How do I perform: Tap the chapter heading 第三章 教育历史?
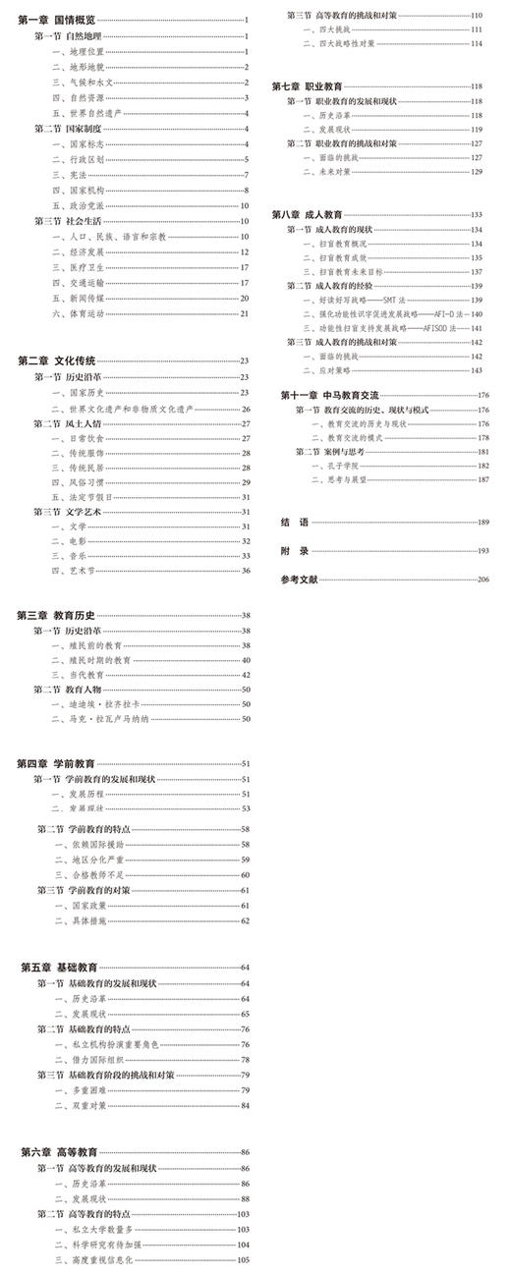point(55,615)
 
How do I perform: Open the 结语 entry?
point(294,522)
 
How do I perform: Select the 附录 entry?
point(294,550)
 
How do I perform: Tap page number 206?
point(483,580)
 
